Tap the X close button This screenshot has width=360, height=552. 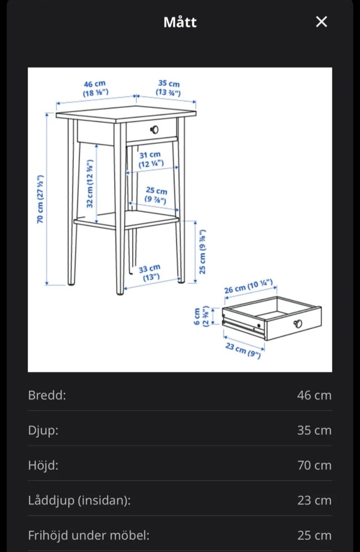(321, 22)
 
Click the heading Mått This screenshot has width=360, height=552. (180, 22)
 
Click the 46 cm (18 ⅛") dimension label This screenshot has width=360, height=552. (95, 89)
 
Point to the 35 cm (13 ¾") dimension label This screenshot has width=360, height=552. (168, 88)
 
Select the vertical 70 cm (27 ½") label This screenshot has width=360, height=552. (40, 199)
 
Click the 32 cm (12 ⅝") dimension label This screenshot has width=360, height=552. (90, 183)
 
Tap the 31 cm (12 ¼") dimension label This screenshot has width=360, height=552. (151, 159)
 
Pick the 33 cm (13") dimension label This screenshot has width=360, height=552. (150, 272)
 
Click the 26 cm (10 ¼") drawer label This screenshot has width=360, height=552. (249, 286)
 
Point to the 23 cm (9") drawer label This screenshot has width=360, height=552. (243, 350)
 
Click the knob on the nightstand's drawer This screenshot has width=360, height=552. (154, 129)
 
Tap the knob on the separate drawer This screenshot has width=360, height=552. (298, 323)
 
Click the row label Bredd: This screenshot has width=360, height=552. (47, 395)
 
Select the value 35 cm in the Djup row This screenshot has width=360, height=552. (314, 430)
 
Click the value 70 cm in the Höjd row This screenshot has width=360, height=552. (314, 465)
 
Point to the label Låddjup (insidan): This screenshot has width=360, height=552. (79, 501)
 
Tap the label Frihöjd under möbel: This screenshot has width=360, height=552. (88, 535)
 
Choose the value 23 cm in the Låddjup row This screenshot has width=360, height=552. (314, 501)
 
